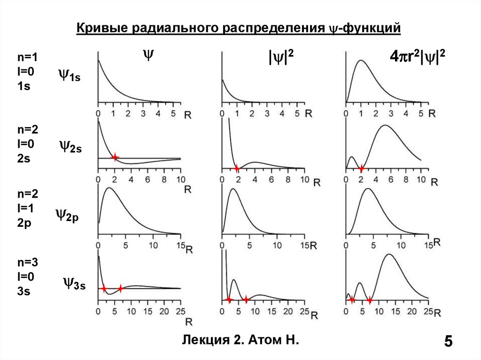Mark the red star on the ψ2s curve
(x=115, y=157)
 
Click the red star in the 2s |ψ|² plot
(x=237, y=168)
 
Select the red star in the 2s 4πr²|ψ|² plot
(x=361, y=168)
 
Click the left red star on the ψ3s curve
(x=104, y=289)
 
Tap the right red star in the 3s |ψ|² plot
(x=246, y=299)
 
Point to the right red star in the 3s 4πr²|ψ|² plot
(x=370, y=299)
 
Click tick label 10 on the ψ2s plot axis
(x=180, y=180)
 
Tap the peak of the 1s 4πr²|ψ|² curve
(x=361, y=61)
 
